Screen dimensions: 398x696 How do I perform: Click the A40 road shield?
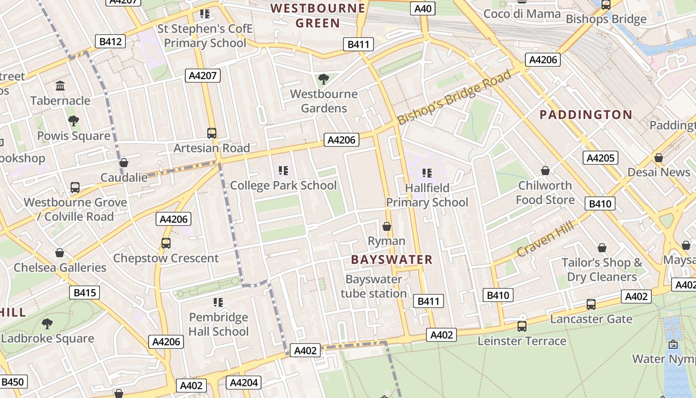[x=423, y=8]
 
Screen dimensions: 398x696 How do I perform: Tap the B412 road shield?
[x=110, y=41]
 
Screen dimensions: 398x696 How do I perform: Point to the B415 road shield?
[x=84, y=293]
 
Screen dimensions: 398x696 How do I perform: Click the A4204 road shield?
[x=244, y=383]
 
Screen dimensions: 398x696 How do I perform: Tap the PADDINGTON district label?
[x=586, y=115]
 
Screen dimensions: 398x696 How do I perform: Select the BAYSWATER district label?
[x=392, y=260]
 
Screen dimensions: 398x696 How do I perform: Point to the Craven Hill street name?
[x=545, y=239]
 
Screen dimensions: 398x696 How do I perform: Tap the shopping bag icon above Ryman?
[x=387, y=227]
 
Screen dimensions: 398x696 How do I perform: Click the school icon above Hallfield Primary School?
[x=427, y=173]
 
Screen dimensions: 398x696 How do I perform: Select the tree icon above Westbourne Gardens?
[x=323, y=79]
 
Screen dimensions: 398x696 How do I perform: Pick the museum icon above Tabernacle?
[x=60, y=86]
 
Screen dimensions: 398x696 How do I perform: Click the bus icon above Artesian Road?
[x=212, y=133]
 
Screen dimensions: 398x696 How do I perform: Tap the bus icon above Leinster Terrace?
[x=522, y=326]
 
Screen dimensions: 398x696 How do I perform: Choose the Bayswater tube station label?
[x=374, y=287]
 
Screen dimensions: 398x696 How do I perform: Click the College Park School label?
[x=283, y=186]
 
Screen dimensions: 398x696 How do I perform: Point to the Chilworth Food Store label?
[x=545, y=193]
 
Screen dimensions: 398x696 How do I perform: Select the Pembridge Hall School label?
[x=218, y=324]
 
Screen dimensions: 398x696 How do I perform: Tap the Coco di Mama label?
[x=522, y=14]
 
